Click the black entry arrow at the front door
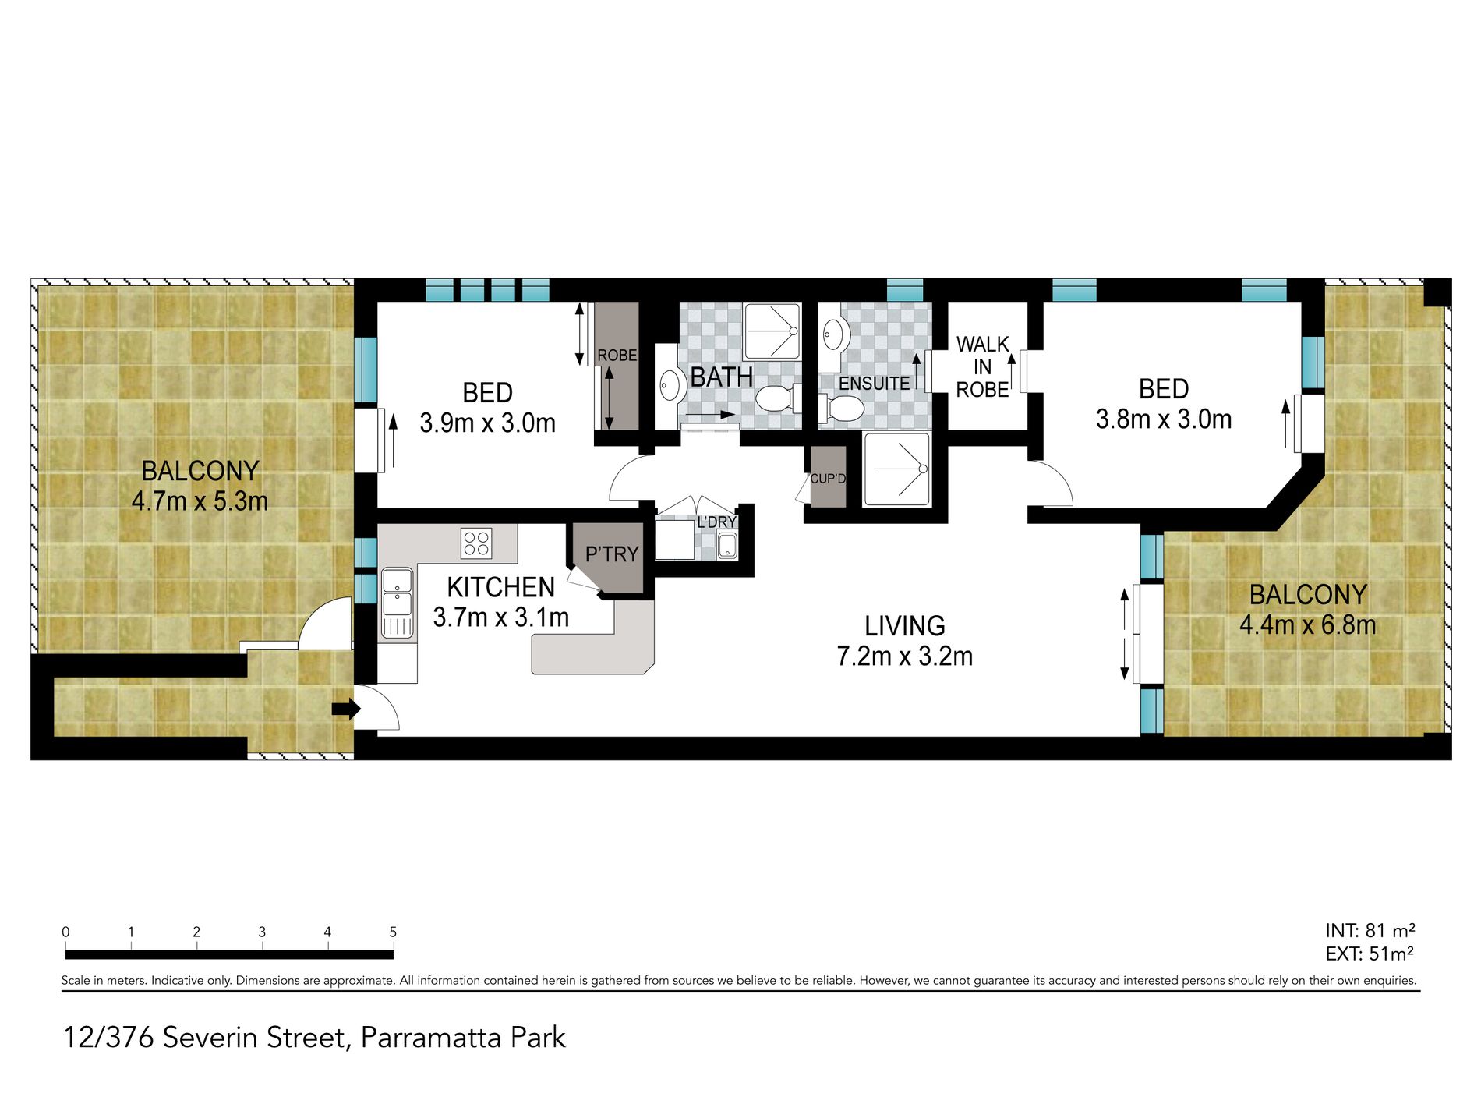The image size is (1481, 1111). pos(346,709)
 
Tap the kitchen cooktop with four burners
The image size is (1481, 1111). pos(476,543)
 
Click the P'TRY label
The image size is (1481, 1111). pos(612,554)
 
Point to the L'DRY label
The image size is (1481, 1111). pos(717,522)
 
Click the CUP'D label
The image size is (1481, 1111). pos(828,478)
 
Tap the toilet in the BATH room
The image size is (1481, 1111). pos(778,398)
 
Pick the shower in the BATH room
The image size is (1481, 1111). pos(772,331)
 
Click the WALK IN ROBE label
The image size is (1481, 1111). pos(982,366)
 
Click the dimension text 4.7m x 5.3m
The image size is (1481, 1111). pos(200,501)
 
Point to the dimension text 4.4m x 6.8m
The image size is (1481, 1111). pos(1308,624)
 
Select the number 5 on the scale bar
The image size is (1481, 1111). pos(393,932)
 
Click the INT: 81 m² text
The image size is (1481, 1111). pos(1370,930)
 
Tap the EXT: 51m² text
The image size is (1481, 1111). pos(1370,954)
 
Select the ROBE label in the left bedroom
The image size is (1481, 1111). pos(617,356)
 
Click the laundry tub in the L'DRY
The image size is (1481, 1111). pos(727,546)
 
